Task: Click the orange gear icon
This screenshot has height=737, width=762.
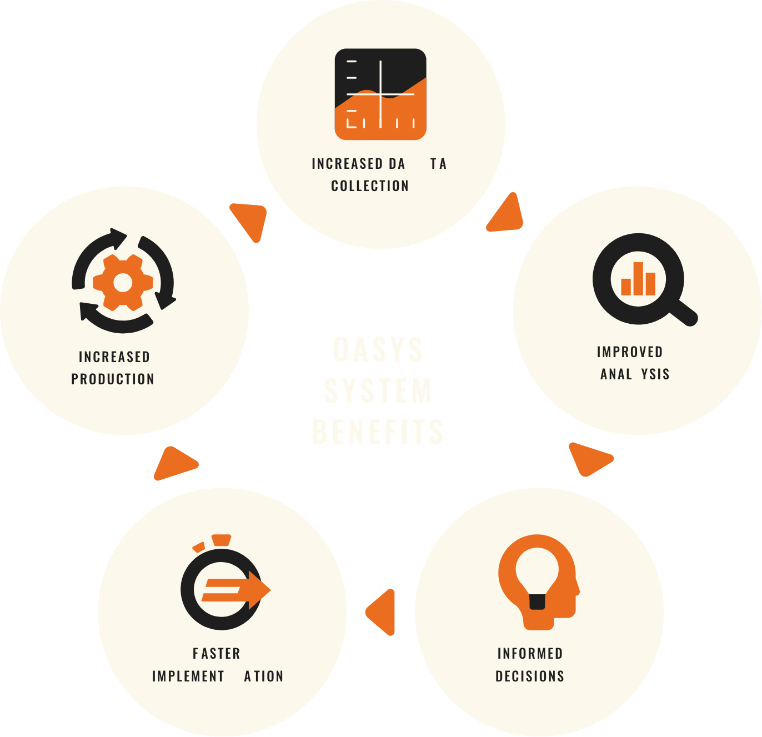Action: click(x=123, y=283)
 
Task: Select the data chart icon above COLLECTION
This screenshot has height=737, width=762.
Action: click(x=380, y=94)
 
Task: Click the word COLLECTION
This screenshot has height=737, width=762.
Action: click(x=370, y=186)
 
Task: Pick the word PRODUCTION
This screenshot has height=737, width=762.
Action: click(x=113, y=379)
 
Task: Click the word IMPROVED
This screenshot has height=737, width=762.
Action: click(x=630, y=352)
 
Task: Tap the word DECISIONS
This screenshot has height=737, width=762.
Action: click(x=530, y=676)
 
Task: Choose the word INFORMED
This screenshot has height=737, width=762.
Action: click(x=530, y=654)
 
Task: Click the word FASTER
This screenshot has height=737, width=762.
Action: click(x=217, y=654)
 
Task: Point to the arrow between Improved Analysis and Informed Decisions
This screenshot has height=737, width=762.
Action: click(x=589, y=459)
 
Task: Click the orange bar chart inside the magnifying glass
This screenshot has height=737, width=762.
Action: click(x=638, y=280)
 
